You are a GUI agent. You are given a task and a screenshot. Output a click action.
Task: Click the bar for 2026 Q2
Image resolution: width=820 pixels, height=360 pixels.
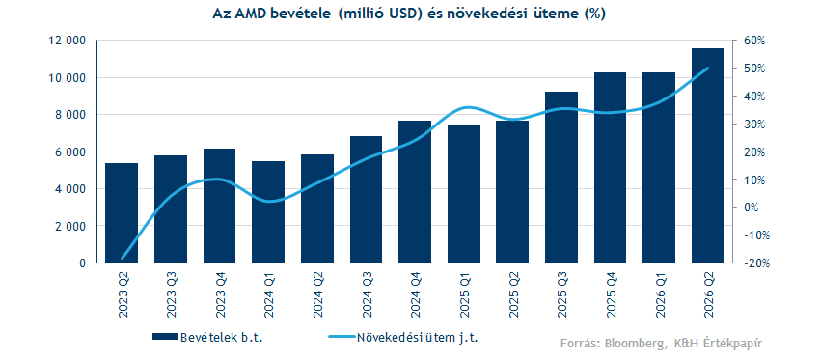pos(708,155)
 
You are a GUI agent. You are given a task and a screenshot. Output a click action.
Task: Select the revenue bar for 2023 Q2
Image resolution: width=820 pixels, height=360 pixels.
pos(122,213)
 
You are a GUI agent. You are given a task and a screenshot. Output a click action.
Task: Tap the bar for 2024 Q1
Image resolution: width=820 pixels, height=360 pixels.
pos(268,212)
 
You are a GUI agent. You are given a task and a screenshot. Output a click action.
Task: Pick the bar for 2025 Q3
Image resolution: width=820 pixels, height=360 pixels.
pos(561,178)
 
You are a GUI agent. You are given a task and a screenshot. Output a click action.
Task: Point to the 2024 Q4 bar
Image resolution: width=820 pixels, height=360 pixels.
pos(415,191)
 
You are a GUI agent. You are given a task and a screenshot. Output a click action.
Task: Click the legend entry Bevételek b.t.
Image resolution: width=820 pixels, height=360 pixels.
pos(207,337)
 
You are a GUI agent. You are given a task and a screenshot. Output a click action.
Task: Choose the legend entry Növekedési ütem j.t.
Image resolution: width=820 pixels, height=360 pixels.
pos(403,337)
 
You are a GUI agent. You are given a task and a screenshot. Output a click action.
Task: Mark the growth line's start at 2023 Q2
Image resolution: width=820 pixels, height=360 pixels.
pos(122,258)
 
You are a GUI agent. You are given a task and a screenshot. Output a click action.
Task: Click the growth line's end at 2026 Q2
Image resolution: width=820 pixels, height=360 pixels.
pos(708,68)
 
